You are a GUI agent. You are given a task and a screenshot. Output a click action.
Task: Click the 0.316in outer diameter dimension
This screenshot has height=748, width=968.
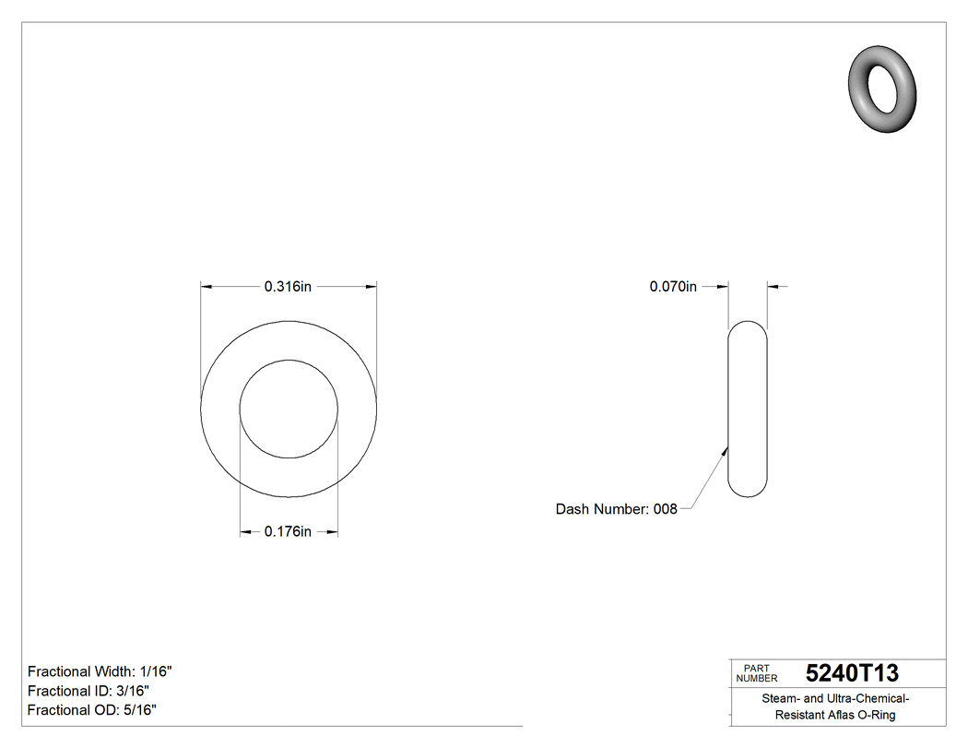click(x=288, y=287)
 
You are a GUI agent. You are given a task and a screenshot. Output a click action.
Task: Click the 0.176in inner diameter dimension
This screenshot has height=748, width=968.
click(x=288, y=531)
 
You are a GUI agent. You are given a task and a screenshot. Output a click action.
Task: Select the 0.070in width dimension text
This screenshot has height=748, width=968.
click(x=673, y=287)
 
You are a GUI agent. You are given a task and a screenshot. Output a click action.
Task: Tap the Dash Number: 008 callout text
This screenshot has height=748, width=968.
click(x=616, y=509)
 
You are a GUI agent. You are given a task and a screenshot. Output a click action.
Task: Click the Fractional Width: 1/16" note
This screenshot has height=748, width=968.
click(x=100, y=671)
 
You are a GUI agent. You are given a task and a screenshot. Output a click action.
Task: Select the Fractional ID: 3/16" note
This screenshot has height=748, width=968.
click(x=89, y=691)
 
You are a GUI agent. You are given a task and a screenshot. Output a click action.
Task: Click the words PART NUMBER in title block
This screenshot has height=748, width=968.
click(x=756, y=673)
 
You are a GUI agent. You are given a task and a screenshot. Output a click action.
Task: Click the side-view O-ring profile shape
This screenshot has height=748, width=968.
click(x=747, y=409)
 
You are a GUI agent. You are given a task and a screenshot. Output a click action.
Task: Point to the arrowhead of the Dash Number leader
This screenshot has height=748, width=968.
click(x=726, y=451)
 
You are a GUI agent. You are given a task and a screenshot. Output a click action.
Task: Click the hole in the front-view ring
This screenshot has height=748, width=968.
click(x=289, y=409)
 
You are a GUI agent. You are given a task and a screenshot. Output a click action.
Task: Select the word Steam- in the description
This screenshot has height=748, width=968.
click(x=780, y=698)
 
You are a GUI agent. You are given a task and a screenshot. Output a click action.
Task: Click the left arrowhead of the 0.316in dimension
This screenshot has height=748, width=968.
click(x=207, y=287)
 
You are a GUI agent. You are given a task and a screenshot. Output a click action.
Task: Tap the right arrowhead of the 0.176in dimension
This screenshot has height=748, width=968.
click(x=333, y=531)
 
